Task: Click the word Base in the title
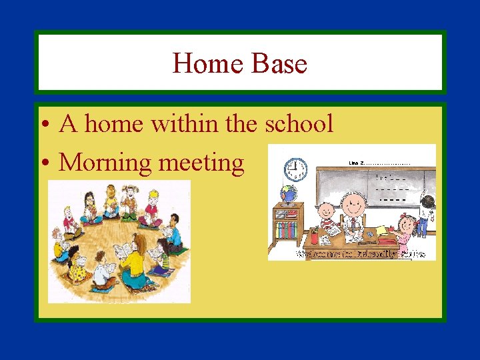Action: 279,64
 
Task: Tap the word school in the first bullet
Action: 299,123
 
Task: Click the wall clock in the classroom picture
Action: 294,169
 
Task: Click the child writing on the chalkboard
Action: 427,212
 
